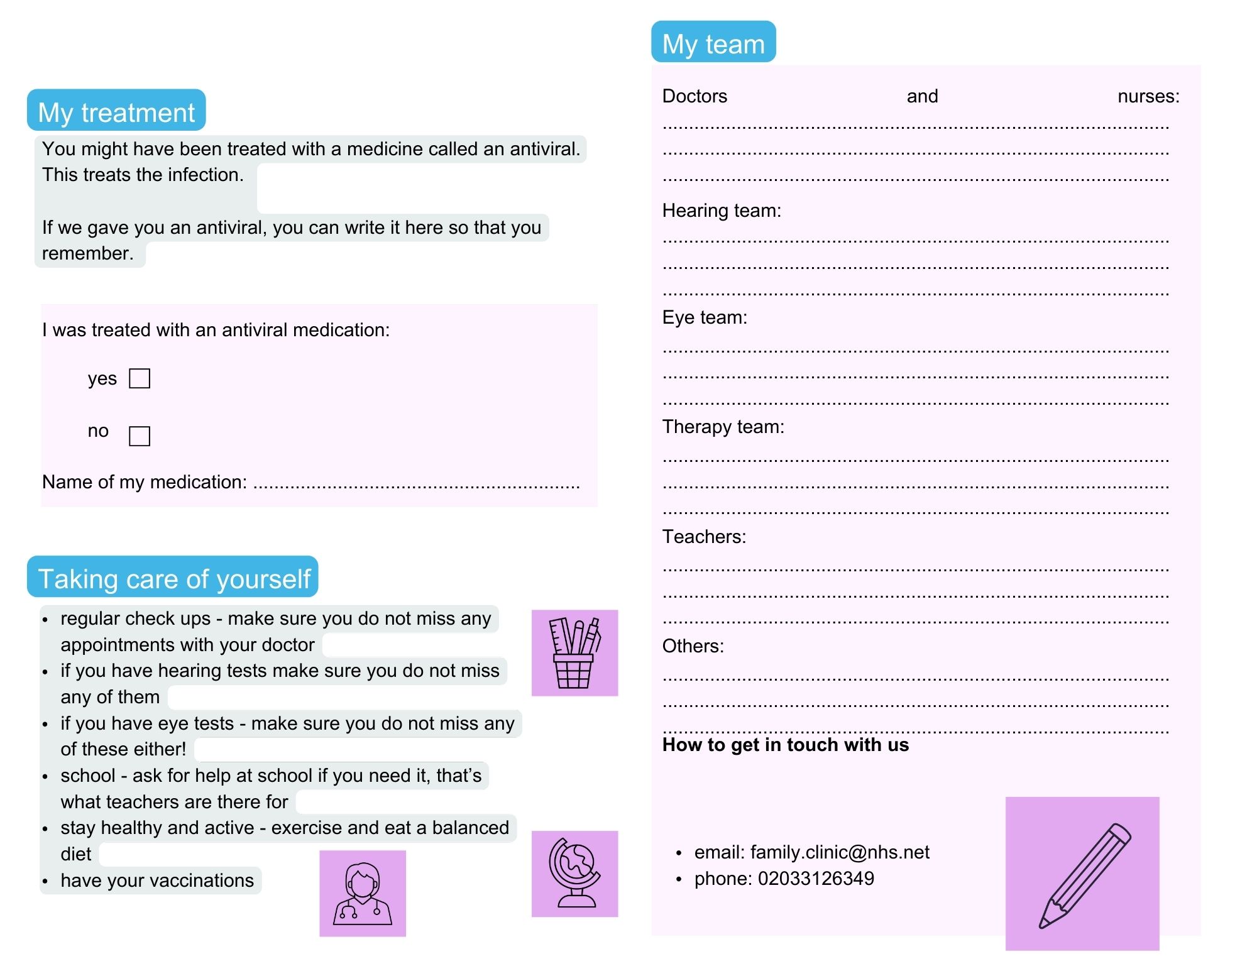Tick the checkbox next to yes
tap(139, 378)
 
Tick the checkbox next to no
tap(139, 436)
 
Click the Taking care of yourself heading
tap(173, 578)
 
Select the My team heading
tap(713, 43)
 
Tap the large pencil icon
tap(1082, 874)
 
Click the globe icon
tap(574, 874)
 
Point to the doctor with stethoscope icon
tap(363, 893)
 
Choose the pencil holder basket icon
tap(574, 653)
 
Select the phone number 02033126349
tap(815, 879)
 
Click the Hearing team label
tap(722, 211)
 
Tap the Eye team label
tap(705, 317)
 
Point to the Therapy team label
tap(723, 427)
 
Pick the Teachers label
tap(704, 537)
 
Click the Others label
tap(693, 646)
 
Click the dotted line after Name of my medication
tap(416, 485)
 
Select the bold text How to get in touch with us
tap(785, 745)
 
